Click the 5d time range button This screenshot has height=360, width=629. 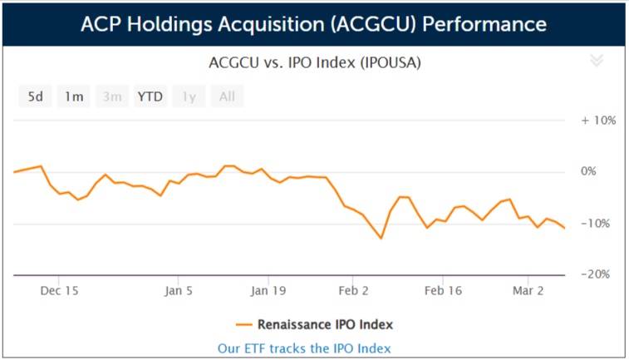[36, 96]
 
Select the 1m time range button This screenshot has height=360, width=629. [74, 96]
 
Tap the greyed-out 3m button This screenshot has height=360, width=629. [112, 96]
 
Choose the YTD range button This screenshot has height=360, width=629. [150, 96]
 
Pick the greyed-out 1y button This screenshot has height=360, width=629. [189, 96]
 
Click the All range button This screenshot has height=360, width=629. [227, 96]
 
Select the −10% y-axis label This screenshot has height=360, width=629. [599, 223]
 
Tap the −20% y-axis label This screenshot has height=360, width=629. [599, 274]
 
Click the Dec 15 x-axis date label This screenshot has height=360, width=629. [59, 291]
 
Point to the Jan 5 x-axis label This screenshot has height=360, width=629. [179, 291]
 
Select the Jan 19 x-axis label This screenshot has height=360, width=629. [268, 291]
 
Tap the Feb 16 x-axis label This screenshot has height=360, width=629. [443, 291]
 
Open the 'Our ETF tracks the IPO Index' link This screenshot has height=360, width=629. [304, 348]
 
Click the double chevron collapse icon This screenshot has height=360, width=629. [595, 60]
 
